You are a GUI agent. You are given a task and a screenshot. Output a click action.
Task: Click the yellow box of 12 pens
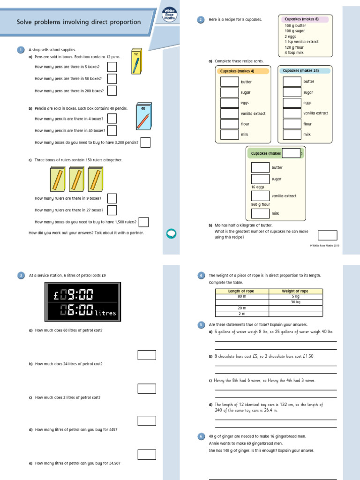[x=135, y=61]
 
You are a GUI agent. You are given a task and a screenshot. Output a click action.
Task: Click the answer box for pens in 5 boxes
[x=112, y=67]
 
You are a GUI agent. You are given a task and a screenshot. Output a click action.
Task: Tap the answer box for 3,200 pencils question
[x=146, y=142]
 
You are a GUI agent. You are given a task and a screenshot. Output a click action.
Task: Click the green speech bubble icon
[x=172, y=233]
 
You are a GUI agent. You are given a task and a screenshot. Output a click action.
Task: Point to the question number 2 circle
[x=201, y=19]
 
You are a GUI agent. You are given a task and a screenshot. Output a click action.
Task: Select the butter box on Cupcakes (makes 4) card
[x=230, y=82]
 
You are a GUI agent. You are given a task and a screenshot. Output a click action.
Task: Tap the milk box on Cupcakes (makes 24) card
[x=292, y=135]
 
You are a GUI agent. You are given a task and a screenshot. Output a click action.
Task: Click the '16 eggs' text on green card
[x=258, y=187]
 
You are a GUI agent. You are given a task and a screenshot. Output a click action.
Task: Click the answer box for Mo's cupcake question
[x=327, y=235]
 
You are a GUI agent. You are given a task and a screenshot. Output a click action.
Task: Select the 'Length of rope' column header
[x=241, y=291]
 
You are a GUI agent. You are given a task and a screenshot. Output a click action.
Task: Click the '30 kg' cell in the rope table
[x=295, y=302]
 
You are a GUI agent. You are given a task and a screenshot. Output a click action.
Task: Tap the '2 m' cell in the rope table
[x=241, y=314]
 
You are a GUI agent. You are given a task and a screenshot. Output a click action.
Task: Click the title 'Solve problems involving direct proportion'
[x=79, y=22]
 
